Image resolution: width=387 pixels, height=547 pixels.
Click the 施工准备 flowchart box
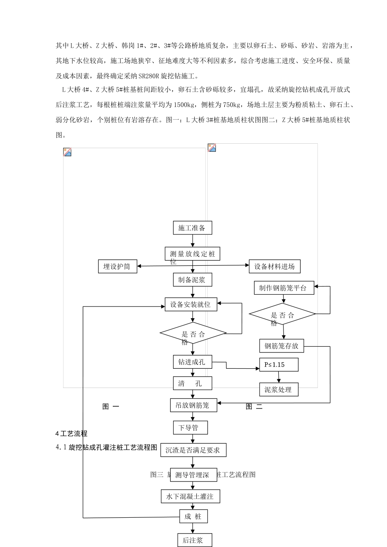point(192,228)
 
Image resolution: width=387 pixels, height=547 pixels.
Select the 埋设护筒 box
point(117,267)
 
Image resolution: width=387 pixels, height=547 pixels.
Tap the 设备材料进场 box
point(274,267)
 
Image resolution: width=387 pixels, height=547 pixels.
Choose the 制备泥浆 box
point(192,280)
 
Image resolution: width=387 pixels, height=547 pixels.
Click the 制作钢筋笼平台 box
point(284,288)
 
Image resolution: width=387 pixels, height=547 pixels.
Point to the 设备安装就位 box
point(191,304)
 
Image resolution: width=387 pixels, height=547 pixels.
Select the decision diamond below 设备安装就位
point(193,334)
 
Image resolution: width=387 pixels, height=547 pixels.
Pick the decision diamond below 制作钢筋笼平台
point(282,314)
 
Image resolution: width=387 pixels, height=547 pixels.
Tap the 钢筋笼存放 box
point(281,346)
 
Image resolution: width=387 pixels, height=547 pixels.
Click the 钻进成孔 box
point(192,362)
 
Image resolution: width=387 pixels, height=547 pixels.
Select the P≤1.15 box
point(279,365)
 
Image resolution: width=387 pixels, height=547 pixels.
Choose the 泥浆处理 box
point(279,389)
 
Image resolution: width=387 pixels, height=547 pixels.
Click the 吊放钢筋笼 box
point(193,405)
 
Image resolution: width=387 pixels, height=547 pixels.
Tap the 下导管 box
point(190,428)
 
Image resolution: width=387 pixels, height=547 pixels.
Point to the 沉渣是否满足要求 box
point(193,450)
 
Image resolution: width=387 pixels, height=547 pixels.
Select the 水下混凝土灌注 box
point(190,497)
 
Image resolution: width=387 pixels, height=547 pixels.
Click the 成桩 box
point(193,517)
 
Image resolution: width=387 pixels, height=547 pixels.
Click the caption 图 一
point(110,406)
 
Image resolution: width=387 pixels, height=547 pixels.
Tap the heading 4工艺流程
point(71,433)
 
